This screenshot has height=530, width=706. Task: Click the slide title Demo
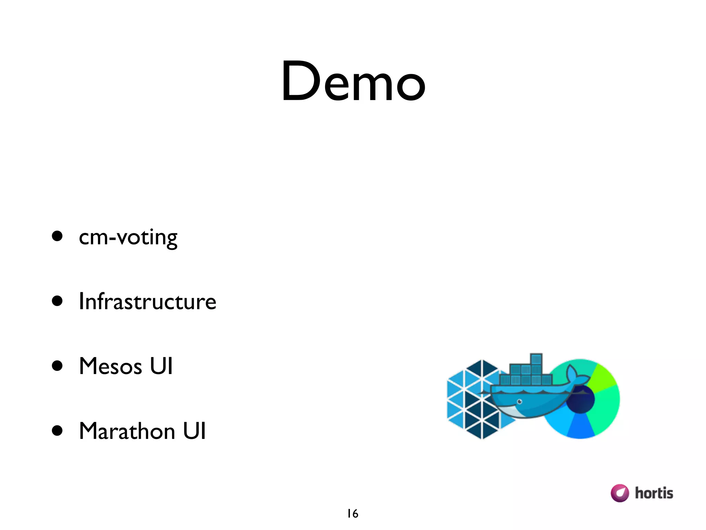pos(353,81)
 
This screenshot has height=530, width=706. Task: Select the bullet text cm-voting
pos(128,237)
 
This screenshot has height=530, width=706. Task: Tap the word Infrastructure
pos(148,301)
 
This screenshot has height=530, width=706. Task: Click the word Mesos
pos(110,366)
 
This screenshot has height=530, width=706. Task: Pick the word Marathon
pos(127,431)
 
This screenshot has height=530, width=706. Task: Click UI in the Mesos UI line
pos(161,366)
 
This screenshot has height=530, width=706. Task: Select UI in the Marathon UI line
pos(194,431)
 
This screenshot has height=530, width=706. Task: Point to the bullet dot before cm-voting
pos(57,236)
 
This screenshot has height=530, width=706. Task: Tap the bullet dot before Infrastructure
pos(57,301)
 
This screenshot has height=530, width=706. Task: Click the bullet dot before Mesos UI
pos(57,366)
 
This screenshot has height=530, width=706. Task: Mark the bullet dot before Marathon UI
pos(57,431)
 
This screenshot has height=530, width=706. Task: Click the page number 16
pos(353,514)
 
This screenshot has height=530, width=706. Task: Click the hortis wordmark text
pos(654,493)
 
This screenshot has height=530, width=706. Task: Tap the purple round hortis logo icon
pos(619,493)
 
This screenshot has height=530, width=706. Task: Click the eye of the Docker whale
pos(520,402)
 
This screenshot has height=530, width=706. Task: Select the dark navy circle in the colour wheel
pos(581,399)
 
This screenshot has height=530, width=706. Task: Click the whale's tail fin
pos(574,374)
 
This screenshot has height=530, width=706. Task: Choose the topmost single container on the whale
pos(536,359)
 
